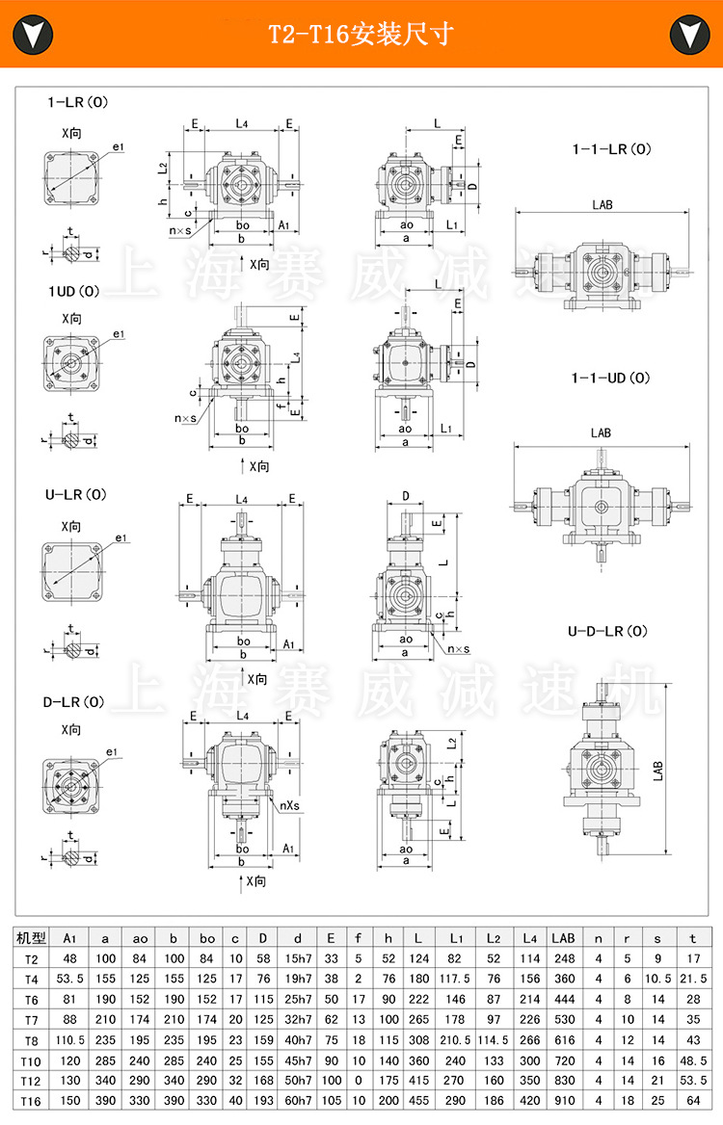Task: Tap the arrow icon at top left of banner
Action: click(33, 35)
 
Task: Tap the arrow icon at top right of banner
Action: click(689, 35)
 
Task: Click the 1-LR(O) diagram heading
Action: click(77, 101)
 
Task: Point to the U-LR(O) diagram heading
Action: click(75, 494)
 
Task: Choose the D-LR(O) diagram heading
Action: click(75, 701)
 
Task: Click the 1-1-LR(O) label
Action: click(611, 149)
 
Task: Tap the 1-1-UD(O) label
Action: click(611, 378)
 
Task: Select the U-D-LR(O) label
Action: click(607, 632)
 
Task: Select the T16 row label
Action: click(32, 1101)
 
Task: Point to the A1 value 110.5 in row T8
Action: click(69, 1040)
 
